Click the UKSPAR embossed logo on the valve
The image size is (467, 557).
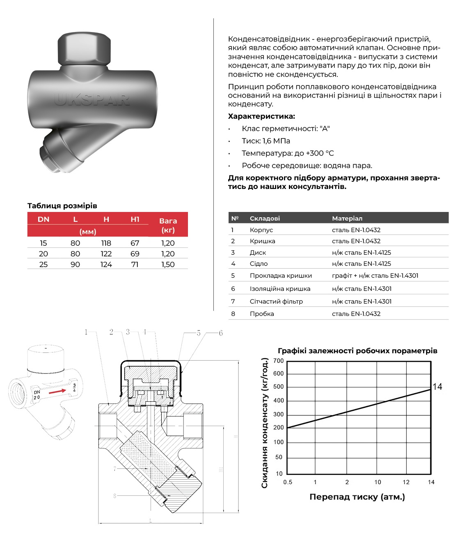click(x=92, y=99)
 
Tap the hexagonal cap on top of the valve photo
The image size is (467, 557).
click(x=85, y=48)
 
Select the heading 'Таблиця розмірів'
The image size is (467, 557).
click(x=62, y=206)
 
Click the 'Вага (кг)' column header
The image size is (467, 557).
click(x=168, y=225)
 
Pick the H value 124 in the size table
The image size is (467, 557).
click(x=106, y=265)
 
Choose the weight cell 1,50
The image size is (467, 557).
click(x=168, y=265)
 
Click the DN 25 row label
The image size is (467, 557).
click(x=43, y=265)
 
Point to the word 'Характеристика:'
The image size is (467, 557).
click(x=261, y=116)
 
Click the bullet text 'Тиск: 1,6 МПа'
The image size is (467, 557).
click(x=266, y=141)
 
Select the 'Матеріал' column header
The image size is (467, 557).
click(x=347, y=219)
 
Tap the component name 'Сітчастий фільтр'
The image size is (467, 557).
click(x=276, y=302)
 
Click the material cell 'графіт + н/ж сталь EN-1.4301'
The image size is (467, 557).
click(x=375, y=276)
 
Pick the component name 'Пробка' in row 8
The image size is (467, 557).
click(x=262, y=314)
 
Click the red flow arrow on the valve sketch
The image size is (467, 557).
click(x=57, y=392)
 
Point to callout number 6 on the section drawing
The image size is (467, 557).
click(x=221, y=333)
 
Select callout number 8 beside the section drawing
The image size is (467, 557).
click(x=115, y=496)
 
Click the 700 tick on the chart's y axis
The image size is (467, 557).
click(x=279, y=361)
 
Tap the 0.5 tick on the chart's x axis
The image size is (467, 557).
click(x=288, y=482)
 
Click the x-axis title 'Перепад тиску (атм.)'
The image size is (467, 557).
click(x=357, y=497)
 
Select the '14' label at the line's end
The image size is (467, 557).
click(x=437, y=387)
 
